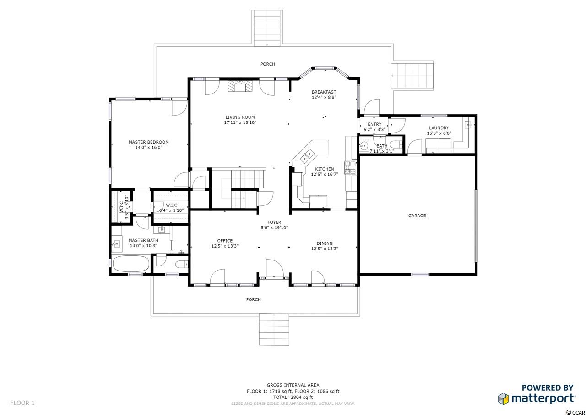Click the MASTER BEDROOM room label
click(149, 142)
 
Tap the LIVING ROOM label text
click(240, 117)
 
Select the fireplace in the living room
click(240, 86)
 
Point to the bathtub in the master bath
click(131, 264)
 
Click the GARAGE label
click(417, 216)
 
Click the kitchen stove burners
click(350, 168)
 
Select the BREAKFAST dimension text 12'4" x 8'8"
click(324, 98)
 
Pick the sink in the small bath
click(364, 146)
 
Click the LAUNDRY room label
click(439, 128)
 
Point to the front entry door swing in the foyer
click(275, 267)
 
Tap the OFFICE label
click(225, 241)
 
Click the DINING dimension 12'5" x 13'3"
click(325, 249)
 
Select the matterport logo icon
click(503, 399)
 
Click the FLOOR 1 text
click(22, 403)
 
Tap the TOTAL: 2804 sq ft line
click(293, 398)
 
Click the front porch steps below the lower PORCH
click(274, 330)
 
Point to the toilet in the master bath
click(182, 265)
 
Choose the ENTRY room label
click(374, 124)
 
